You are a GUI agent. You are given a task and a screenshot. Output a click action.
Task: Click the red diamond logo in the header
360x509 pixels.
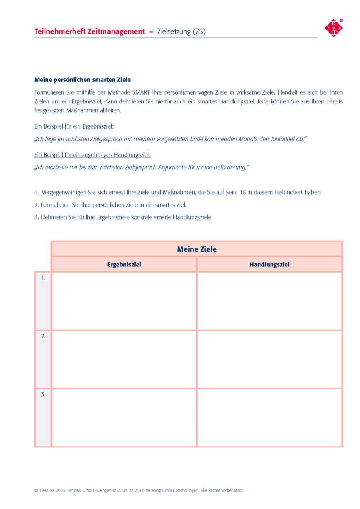coord(333,28)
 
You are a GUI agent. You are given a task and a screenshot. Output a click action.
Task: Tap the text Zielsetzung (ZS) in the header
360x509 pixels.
coord(181,31)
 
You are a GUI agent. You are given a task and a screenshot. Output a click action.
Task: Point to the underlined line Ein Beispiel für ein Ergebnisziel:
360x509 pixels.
coord(74,126)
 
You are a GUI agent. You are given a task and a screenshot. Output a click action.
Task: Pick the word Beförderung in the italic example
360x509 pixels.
coord(228,167)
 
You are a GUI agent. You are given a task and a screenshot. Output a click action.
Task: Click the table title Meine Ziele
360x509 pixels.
coord(196,249)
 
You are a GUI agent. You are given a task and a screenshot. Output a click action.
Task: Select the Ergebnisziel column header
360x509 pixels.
coord(124,264)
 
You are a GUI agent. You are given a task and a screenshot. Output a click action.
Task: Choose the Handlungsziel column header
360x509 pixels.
coord(269,264)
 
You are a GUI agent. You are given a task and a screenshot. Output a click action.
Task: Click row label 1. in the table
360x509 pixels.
coord(43,278)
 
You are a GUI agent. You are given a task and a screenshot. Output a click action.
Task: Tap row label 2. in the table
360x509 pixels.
coord(43,336)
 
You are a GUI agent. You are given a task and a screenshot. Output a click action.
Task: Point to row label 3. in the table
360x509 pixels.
coord(43,394)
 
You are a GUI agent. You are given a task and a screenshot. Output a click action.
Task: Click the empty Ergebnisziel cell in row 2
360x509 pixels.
coord(124,359)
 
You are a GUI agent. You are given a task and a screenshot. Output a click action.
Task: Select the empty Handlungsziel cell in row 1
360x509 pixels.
coord(269,301)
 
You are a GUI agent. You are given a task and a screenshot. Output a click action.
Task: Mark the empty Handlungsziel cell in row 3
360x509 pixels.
coord(269,417)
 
